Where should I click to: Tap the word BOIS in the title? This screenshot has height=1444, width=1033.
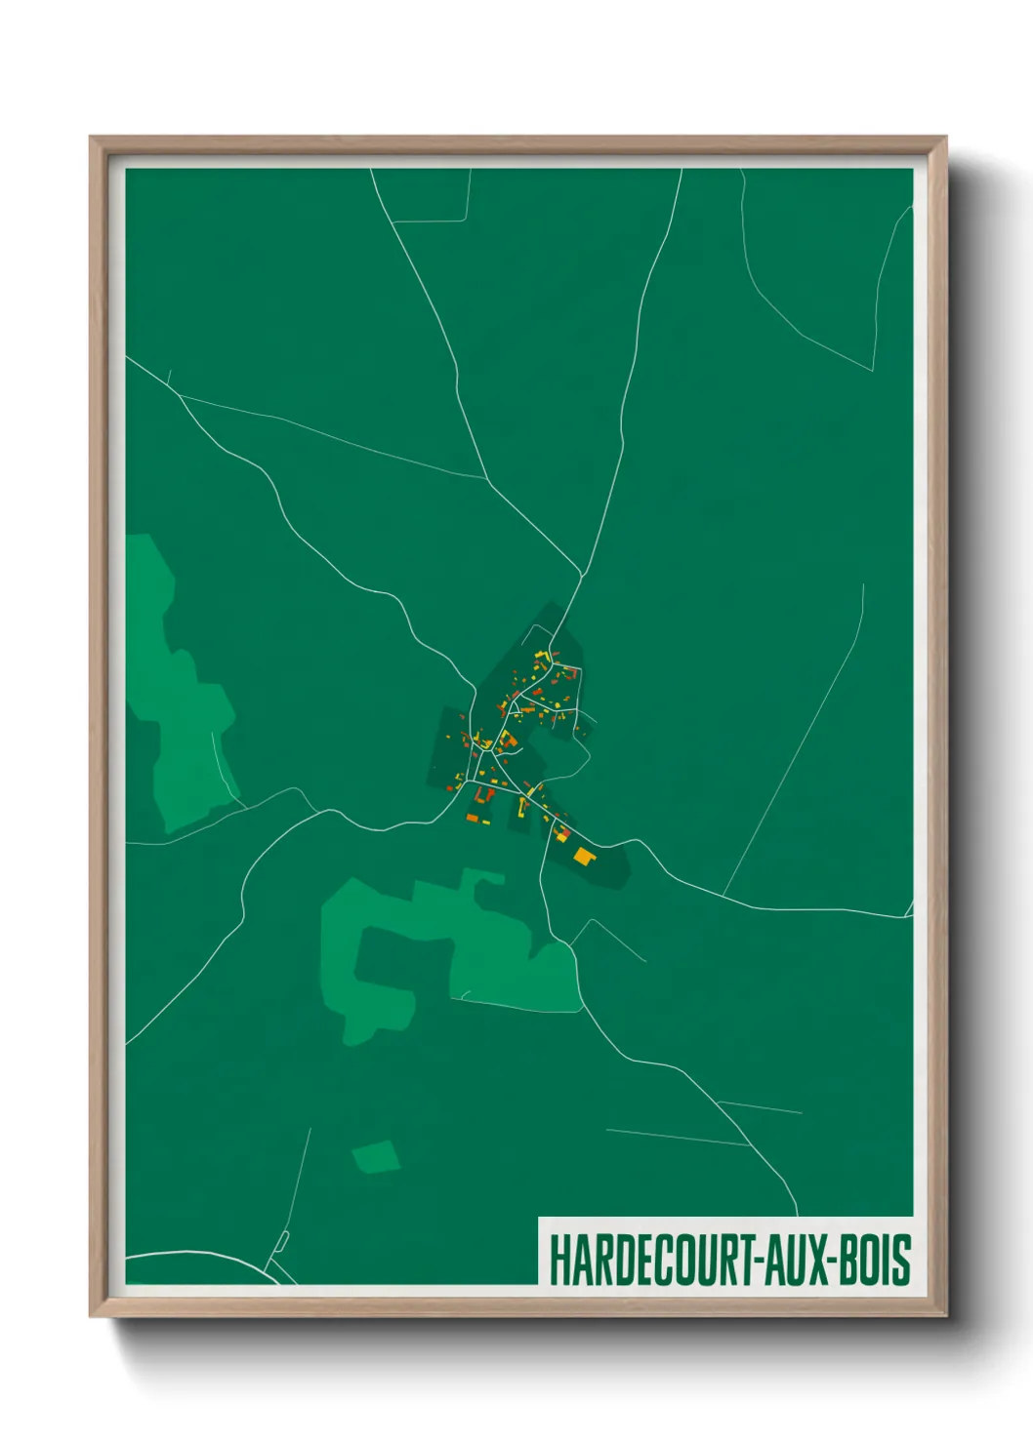[x=876, y=1260]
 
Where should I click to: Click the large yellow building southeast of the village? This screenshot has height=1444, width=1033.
[x=584, y=857]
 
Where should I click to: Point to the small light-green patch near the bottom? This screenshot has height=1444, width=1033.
[x=376, y=1156]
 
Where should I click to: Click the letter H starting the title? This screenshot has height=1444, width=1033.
[x=558, y=1260]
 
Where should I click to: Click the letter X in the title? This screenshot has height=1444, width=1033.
[x=818, y=1260]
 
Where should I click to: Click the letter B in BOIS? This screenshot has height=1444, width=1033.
[x=850, y=1260]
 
